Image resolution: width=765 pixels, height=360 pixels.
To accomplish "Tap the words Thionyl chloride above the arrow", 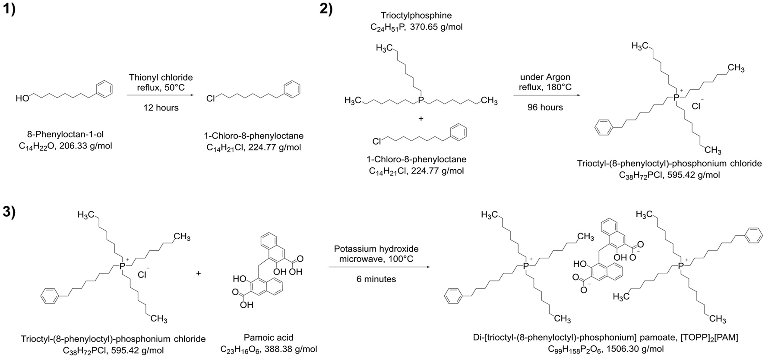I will coord(161,78).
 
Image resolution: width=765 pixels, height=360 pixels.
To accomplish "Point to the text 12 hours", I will coord(161,108).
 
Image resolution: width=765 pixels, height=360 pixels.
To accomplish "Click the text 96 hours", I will coord(545,107).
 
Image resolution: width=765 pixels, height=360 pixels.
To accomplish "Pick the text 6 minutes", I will coord(376,279).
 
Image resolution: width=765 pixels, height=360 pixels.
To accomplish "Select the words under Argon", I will coord(545,77).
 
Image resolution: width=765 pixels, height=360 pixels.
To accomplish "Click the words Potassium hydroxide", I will coord(376,249).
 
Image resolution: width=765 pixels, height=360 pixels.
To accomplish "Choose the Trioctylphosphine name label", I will coord(416,16).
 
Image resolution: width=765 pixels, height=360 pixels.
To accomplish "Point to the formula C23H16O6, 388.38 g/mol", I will coord(269,349).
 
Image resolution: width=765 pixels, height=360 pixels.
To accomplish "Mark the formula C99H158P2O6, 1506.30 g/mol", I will coord(606,349).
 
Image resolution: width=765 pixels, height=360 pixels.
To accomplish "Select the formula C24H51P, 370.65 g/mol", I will coord(416,27).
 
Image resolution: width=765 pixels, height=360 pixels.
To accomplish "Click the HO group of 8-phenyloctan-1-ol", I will coord(22,98).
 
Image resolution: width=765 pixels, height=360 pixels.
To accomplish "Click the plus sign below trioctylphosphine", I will coord(421,118).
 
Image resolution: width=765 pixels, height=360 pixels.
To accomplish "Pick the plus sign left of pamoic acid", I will coord(199,273).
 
